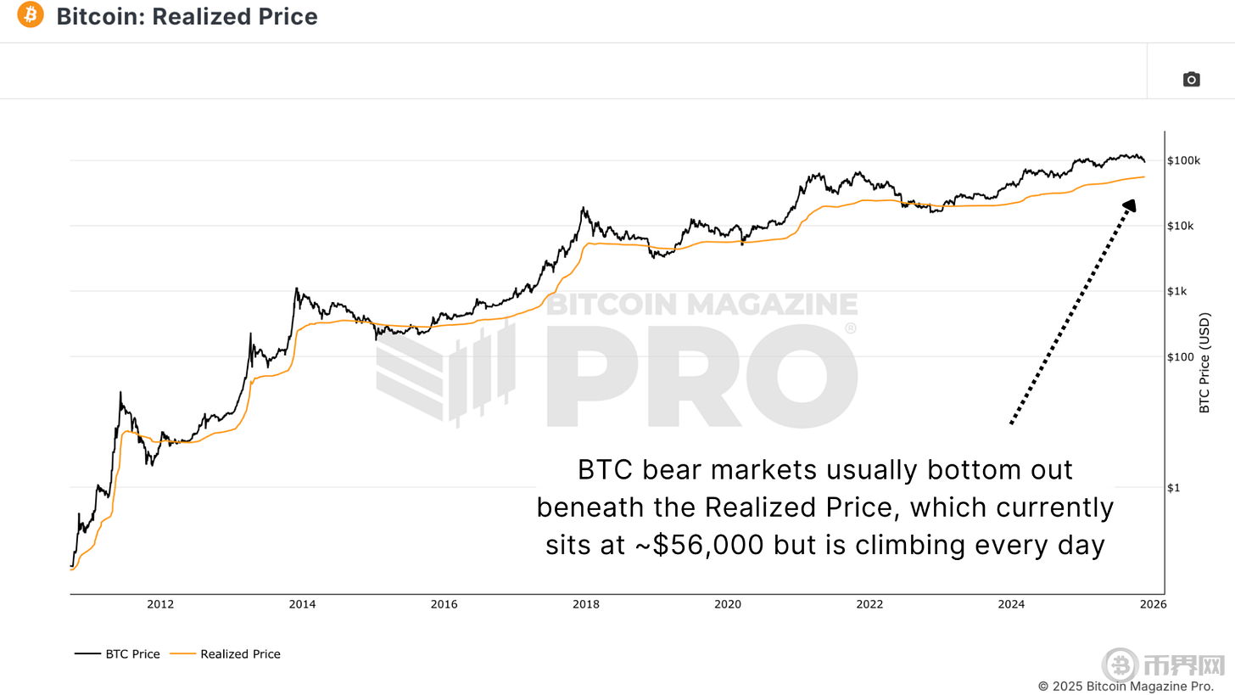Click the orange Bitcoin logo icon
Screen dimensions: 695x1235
click(30, 15)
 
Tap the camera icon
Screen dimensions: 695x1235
click(1191, 79)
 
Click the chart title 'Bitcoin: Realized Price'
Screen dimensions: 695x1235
click(187, 16)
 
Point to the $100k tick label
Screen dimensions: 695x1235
click(1183, 161)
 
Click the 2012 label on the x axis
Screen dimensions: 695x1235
click(160, 605)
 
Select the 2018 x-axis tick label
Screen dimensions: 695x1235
click(586, 605)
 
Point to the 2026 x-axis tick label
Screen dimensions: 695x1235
click(1153, 605)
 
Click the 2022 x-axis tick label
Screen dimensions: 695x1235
click(869, 605)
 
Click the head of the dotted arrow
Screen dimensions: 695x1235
click(1131, 205)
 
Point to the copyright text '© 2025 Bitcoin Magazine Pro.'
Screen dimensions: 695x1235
click(1126, 686)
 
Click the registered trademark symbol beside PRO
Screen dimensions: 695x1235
click(851, 328)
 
